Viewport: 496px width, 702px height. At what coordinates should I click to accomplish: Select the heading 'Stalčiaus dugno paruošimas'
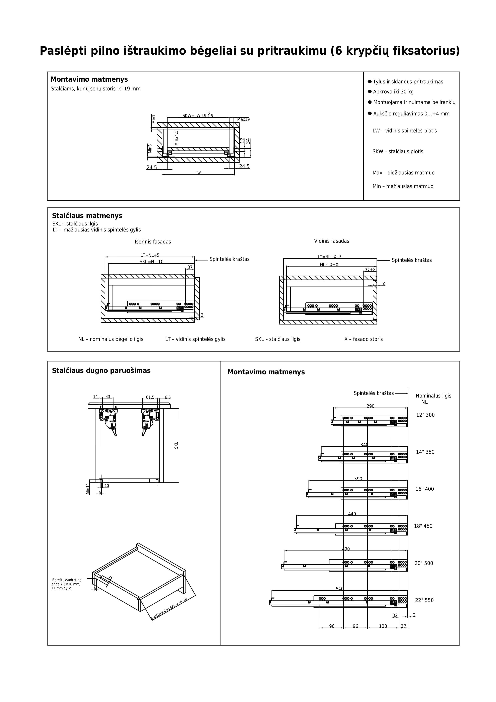[x=101, y=371]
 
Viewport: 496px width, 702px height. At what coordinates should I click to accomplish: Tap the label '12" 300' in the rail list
[x=425, y=415]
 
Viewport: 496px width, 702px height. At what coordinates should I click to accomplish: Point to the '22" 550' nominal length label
[x=424, y=600]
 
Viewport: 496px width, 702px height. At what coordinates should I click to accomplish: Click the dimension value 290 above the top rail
[x=370, y=406]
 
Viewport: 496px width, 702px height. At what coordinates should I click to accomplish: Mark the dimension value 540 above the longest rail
[x=340, y=589]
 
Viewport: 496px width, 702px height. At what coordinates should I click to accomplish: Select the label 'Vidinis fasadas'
[x=332, y=241]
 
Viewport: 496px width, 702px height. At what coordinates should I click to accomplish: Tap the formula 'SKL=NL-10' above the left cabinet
[x=152, y=262]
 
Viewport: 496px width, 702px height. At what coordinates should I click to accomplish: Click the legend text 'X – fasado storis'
[x=363, y=339]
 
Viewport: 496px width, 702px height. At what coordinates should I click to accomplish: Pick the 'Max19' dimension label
[x=244, y=120]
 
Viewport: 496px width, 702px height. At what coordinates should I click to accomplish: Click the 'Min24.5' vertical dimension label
[x=176, y=138]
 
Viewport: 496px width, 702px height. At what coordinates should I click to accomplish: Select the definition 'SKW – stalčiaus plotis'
[x=398, y=152]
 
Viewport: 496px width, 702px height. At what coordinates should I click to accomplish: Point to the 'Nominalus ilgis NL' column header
[x=433, y=399]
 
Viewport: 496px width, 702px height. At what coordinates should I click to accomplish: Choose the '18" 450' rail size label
[x=423, y=526]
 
